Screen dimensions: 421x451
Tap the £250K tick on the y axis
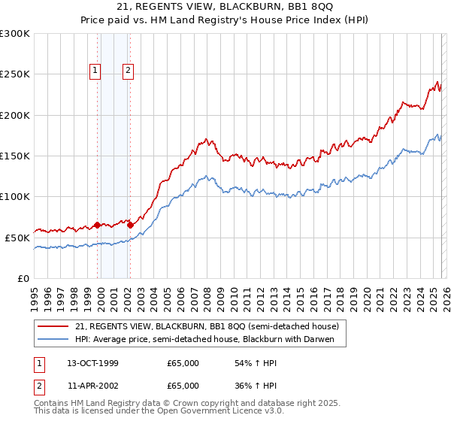coord(15,74)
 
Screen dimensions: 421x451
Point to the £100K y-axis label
coord(15,196)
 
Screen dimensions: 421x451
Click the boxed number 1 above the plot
coord(96,71)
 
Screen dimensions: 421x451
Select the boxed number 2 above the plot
coord(129,71)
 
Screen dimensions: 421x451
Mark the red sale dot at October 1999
coord(98,225)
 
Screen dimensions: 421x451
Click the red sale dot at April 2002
coord(131,225)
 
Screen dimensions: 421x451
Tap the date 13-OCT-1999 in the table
coord(93,363)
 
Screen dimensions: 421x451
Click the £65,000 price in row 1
coord(183,363)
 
